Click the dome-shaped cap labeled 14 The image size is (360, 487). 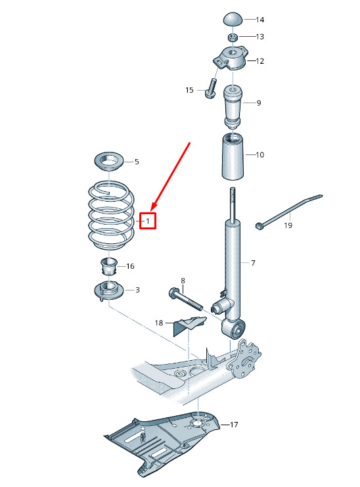[x=233, y=19]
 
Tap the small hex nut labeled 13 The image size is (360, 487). [x=233, y=37]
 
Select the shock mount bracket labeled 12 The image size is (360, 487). [x=231, y=58]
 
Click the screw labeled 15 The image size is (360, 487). [x=211, y=89]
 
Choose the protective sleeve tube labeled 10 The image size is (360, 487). [x=232, y=156]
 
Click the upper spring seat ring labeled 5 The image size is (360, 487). [x=109, y=162]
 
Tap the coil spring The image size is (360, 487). [x=111, y=215]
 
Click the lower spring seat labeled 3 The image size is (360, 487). [x=109, y=290]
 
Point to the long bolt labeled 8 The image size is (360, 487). [x=186, y=300]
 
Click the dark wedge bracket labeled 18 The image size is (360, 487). [x=189, y=326]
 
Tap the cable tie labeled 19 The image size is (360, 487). [x=288, y=210]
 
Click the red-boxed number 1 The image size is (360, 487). [x=148, y=221]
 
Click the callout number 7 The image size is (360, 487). [x=253, y=263]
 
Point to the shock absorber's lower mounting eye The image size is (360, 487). [x=233, y=329]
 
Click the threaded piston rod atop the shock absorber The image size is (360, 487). [x=232, y=204]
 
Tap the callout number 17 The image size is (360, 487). [x=234, y=425]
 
